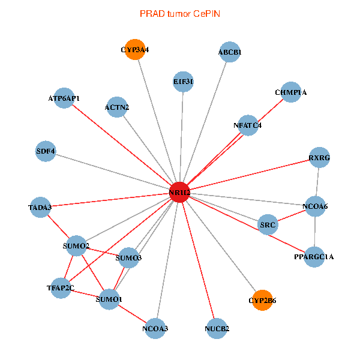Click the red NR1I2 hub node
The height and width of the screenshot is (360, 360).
(x=179, y=193)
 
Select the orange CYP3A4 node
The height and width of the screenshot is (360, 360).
(x=135, y=49)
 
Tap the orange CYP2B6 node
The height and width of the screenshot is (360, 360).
(x=262, y=300)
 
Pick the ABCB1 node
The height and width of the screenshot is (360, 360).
(x=230, y=52)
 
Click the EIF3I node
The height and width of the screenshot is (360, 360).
(x=183, y=82)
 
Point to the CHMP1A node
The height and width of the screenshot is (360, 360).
(x=290, y=92)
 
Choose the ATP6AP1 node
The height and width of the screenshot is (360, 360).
(x=64, y=98)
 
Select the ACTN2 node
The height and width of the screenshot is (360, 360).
(x=117, y=107)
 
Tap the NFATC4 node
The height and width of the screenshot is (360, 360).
(x=248, y=125)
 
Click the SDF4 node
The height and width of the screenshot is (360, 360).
(x=46, y=151)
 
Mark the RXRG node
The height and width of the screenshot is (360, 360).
(x=319, y=157)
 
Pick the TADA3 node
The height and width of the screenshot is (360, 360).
(x=40, y=208)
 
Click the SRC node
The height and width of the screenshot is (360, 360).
(x=268, y=224)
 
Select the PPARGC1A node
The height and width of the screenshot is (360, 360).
(x=314, y=257)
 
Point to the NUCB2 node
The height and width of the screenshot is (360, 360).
(x=217, y=329)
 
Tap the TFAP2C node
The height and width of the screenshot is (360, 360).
(x=61, y=288)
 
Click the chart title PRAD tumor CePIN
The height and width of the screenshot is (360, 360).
(x=180, y=14)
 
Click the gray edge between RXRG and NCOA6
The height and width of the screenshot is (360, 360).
(x=317, y=182)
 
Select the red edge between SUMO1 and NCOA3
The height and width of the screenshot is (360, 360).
(x=132, y=314)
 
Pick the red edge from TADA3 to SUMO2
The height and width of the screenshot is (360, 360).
(x=58, y=227)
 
